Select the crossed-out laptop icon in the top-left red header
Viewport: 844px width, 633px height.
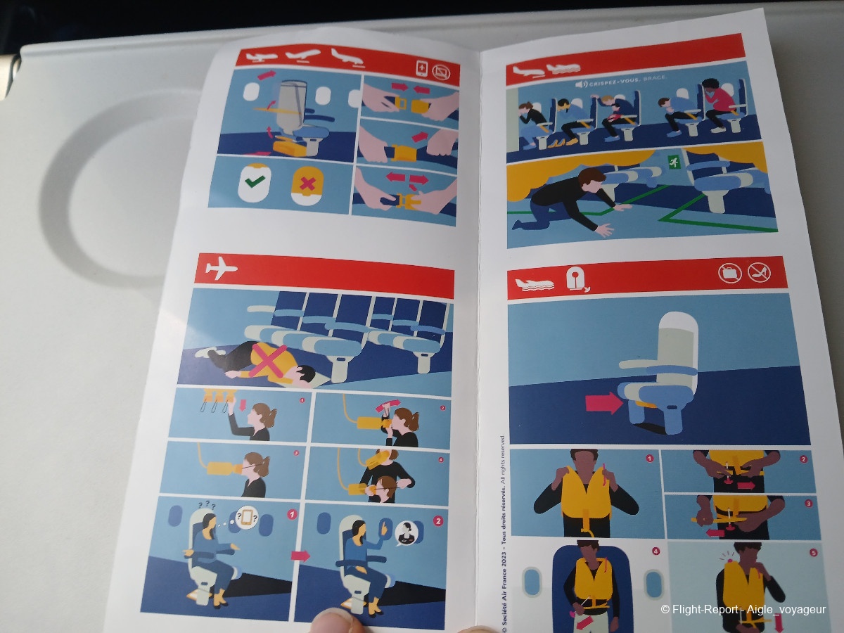point(442,71)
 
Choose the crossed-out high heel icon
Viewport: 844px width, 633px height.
point(759,272)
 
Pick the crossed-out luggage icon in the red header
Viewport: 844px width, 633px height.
point(730,272)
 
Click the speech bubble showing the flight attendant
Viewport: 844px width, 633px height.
point(407,534)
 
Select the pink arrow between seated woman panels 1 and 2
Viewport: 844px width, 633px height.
point(300,556)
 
